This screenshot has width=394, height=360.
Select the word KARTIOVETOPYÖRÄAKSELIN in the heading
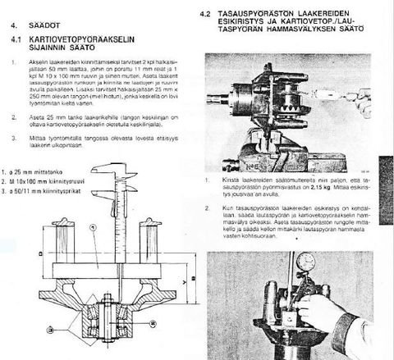tap(96, 38)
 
